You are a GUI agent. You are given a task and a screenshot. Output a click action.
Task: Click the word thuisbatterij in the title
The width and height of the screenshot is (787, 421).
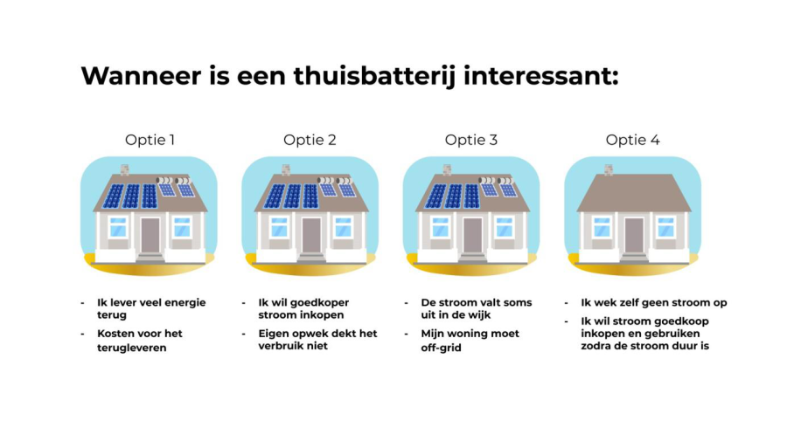pyautogui.click(x=374, y=77)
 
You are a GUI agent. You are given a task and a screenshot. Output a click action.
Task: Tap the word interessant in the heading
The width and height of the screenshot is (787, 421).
pyautogui.click(x=540, y=76)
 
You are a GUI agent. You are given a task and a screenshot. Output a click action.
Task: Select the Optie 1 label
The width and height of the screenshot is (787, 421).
pyautogui.click(x=150, y=140)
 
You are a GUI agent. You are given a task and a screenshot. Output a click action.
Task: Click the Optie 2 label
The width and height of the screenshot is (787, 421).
pyautogui.click(x=310, y=140)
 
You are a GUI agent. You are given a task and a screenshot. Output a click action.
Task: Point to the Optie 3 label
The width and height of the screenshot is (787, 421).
pyautogui.click(x=470, y=140)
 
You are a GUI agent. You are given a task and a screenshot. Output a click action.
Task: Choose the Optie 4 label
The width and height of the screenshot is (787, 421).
pyautogui.click(x=632, y=140)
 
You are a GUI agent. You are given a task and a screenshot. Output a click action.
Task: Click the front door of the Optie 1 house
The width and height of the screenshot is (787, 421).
pyautogui.click(x=150, y=235)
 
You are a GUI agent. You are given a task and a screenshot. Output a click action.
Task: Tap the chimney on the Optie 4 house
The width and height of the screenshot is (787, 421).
pyautogui.click(x=609, y=169)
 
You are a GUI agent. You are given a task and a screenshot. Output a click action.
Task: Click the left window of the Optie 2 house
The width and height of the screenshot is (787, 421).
pyautogui.click(x=279, y=227)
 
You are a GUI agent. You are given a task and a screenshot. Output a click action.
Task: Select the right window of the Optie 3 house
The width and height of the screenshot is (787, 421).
pyautogui.click(x=505, y=227)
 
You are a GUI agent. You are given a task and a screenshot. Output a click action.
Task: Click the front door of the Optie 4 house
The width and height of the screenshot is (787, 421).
pyautogui.click(x=634, y=235)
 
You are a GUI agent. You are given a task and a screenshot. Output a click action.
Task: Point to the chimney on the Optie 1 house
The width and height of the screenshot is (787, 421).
pyautogui.click(x=124, y=169)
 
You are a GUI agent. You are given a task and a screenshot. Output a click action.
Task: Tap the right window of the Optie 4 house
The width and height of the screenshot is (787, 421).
pyautogui.click(x=666, y=227)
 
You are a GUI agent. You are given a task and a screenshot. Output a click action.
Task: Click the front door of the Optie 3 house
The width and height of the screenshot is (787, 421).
pyautogui.click(x=472, y=235)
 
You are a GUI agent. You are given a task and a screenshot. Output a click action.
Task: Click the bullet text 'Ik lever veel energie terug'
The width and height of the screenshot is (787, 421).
pyautogui.click(x=151, y=308)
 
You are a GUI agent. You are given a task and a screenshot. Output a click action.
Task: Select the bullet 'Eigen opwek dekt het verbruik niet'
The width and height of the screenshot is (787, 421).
pyautogui.click(x=317, y=340)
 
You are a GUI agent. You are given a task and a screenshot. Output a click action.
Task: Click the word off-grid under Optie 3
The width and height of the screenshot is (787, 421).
pyautogui.click(x=442, y=348)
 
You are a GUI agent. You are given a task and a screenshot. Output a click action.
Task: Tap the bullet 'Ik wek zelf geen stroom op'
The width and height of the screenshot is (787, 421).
pyautogui.click(x=654, y=303)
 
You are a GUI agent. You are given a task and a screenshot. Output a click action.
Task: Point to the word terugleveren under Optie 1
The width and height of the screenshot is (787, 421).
pyautogui.click(x=131, y=348)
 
